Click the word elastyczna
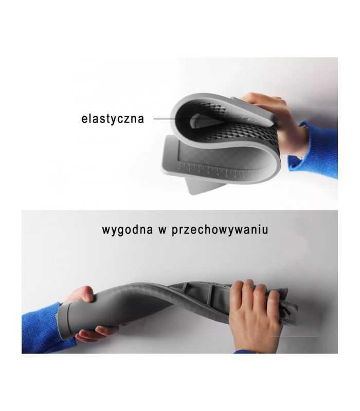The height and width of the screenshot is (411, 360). pyautogui.click(x=113, y=119)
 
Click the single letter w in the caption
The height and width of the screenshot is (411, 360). pyautogui.click(x=162, y=231)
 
